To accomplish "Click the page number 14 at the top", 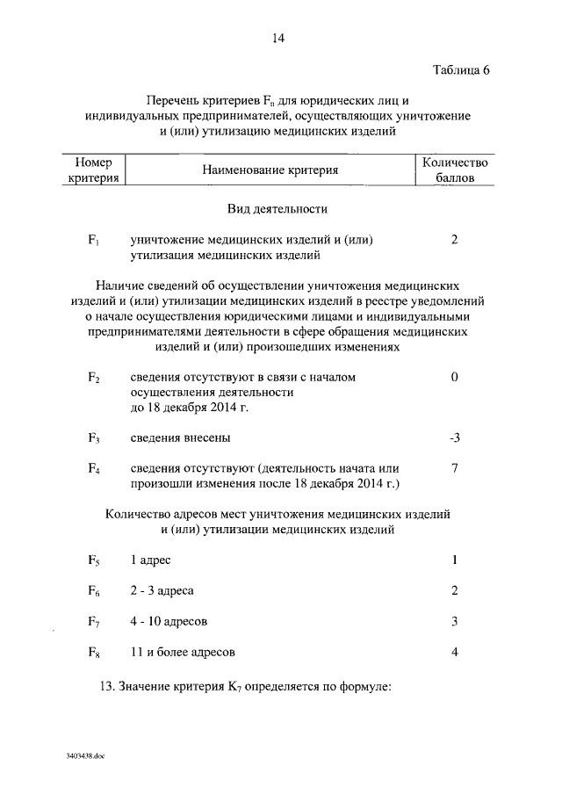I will [278, 38].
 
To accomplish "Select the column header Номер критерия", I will [95, 170].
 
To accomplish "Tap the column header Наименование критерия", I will [270, 170].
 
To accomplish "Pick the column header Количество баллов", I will [455, 170].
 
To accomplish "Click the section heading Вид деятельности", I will [277, 210].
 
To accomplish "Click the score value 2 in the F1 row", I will [455, 240].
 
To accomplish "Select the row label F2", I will [93, 378].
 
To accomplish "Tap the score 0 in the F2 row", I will [455, 377].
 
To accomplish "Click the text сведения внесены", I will [182, 437].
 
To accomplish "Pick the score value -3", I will [454, 437].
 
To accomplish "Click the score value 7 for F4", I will [455, 468].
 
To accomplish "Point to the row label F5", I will [93, 560].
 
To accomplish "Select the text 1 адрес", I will [156, 560].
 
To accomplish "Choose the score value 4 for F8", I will [455, 652].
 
